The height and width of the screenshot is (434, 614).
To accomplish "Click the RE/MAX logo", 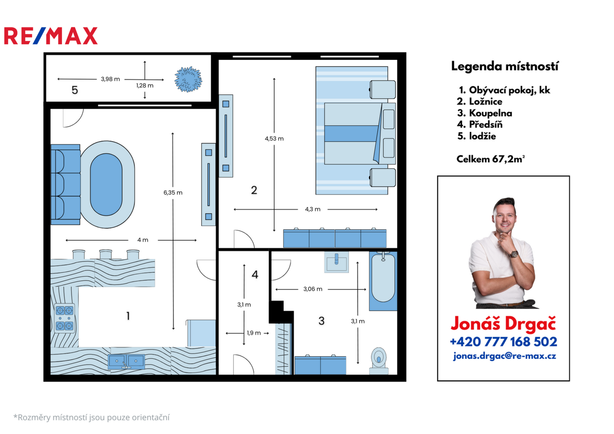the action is tap(51, 36).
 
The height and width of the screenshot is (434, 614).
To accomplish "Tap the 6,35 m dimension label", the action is tap(173, 192).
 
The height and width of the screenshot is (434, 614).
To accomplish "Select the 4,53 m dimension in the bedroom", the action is tap(274, 139).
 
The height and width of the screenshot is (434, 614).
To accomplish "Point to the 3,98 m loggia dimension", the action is tap(110, 79).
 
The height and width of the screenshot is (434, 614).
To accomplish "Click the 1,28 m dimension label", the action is tap(145, 86).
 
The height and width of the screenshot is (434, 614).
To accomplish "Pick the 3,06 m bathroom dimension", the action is tap(313, 289).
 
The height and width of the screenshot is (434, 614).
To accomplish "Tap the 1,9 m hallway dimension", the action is tap(254, 333).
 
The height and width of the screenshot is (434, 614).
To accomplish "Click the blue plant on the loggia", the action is tap(188, 79).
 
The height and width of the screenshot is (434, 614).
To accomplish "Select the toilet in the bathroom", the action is tap(379, 360).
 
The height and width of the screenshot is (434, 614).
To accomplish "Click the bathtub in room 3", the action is tap(383, 281).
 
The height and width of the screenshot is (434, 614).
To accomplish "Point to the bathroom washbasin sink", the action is tap(336, 262).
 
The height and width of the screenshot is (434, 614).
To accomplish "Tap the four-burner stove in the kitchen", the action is tap(64, 318).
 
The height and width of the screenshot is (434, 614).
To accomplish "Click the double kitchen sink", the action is tap(126, 361).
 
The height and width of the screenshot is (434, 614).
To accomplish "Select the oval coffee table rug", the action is tap(107, 184).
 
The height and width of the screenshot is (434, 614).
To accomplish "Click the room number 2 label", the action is tap(254, 190).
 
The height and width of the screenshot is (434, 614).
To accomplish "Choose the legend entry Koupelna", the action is tap(485, 113).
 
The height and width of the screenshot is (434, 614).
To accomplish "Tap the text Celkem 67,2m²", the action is tap(491, 159).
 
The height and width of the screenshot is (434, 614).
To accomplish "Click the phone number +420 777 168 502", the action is tap(503, 342).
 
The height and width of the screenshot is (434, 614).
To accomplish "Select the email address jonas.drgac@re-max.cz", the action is tap(504, 356).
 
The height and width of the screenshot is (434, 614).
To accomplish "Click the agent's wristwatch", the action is tap(513, 254).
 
